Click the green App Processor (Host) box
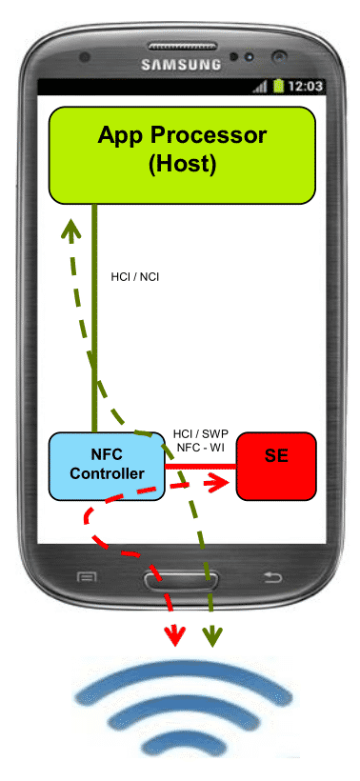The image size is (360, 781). point(182,155)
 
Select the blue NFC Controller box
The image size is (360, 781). point(107,466)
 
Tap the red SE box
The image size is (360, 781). point(276,466)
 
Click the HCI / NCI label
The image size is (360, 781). point(135,277)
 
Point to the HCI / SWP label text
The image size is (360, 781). point(201,433)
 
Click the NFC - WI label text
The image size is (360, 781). point(201,448)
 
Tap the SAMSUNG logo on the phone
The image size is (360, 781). point(181,64)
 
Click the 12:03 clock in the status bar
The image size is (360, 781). point(305,86)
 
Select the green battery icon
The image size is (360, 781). point(278,86)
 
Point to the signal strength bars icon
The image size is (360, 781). point(260,88)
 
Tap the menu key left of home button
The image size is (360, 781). point(86,577)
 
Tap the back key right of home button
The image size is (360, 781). point(272,577)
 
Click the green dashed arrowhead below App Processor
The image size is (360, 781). point(70,230)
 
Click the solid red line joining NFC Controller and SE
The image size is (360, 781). point(201,467)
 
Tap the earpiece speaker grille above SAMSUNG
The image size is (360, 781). point(180,46)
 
